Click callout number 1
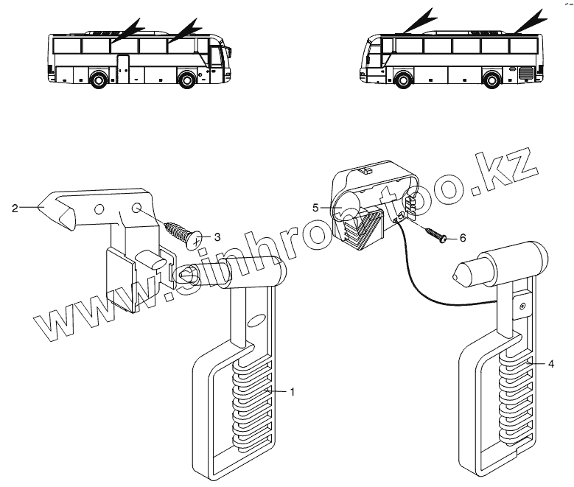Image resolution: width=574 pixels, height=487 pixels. tap(293, 392)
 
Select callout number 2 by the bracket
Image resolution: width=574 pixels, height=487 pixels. tap(15, 209)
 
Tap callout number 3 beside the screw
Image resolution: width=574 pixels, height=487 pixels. tap(217, 237)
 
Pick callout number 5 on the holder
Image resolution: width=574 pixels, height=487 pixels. tap(315, 209)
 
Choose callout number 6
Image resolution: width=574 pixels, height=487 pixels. tap(463, 239)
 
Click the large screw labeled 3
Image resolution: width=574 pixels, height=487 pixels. tap(184, 230)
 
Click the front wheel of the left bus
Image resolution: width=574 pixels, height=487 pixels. tap(187, 78)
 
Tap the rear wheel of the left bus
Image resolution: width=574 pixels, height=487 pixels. tap(97, 78)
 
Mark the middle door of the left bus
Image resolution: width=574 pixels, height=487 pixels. tap(123, 67)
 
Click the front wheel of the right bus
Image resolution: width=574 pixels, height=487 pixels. tap(402, 78)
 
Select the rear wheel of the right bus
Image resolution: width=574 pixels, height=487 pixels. tap(491, 78)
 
